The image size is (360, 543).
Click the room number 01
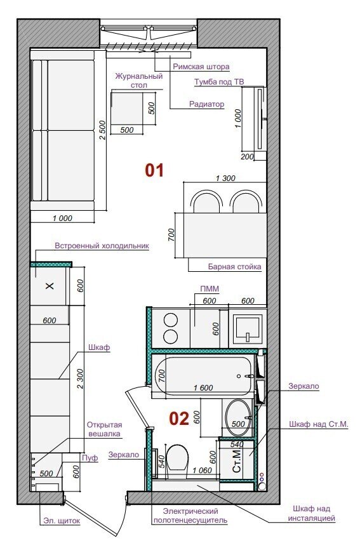pos(154,170)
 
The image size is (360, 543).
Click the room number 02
pos(179,419)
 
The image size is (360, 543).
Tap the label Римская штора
pos(201,67)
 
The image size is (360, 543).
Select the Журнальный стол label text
pos(139,81)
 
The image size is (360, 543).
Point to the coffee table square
pos(127,108)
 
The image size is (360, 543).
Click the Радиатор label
pos(206,104)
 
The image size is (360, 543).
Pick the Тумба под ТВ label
pos(219,82)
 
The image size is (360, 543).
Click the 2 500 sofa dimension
pos(102,130)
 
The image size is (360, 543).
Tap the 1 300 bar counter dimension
pos(225,178)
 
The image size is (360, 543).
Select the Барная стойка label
pos(234,267)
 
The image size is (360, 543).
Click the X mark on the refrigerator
pos(50,286)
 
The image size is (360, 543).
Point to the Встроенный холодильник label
pos(102,246)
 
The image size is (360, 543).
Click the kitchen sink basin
pos(248,328)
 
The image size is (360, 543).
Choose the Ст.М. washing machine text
pos(237,461)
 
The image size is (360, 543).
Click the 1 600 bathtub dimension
pos(203,388)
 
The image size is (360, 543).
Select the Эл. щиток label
pos(62,521)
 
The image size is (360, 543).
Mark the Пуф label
pos(90,458)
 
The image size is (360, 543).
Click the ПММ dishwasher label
pos(210,289)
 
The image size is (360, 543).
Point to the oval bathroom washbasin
pos(239,417)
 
